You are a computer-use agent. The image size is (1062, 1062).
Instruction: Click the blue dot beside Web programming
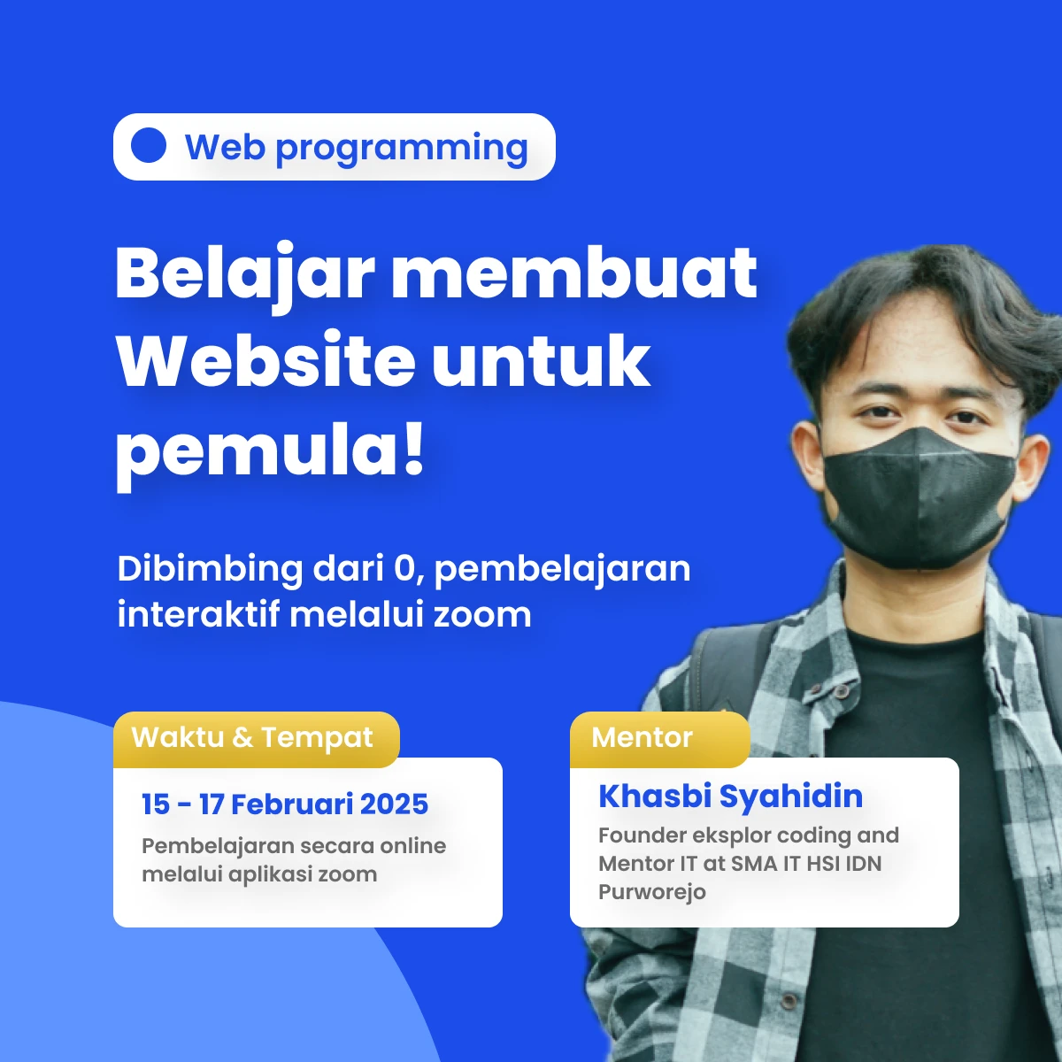149,145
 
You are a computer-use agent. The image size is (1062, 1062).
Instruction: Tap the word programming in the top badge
402,150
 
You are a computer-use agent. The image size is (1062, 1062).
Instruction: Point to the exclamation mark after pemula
412,448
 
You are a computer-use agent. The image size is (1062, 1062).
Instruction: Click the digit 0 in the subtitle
404,569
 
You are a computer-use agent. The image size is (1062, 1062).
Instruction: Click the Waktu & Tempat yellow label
257,740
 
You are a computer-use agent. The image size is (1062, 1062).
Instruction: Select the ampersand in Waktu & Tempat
242,737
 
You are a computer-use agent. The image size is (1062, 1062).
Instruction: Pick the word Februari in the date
291,804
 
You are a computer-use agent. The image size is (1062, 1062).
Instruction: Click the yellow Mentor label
659,740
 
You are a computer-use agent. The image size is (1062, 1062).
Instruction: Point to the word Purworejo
652,892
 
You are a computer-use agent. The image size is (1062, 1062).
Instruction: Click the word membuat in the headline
574,273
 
